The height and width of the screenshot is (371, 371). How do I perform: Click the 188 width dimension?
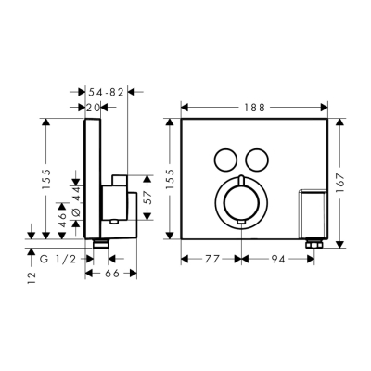[x=253, y=108]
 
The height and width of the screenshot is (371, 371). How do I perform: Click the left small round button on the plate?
[x=224, y=159]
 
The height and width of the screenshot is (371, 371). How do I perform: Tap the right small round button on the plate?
[x=257, y=159]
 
